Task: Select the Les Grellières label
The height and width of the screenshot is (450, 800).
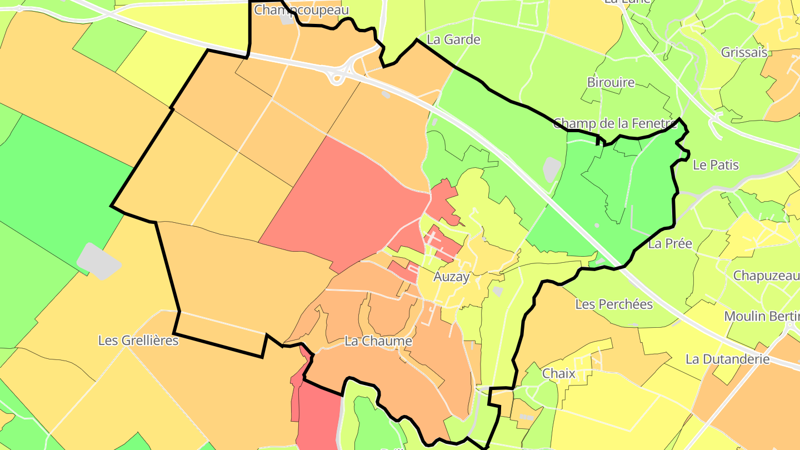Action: click(138, 340)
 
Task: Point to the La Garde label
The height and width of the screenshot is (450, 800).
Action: click(453, 39)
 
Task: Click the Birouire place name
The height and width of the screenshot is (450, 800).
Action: click(611, 82)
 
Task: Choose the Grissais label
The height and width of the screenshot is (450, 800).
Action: click(744, 53)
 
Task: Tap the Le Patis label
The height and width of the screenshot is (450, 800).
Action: click(716, 164)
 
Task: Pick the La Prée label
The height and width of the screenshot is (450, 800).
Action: click(670, 243)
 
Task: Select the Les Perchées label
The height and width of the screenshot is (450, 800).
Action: click(614, 304)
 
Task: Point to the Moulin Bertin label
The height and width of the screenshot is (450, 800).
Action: click(762, 316)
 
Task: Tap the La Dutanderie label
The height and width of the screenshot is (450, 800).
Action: click(728, 359)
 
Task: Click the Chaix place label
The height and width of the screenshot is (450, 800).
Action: click(558, 373)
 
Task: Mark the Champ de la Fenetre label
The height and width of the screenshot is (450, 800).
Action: click(615, 123)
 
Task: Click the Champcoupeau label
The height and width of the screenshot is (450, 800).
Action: click(301, 10)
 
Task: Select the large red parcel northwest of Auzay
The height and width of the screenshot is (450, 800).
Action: click(344, 200)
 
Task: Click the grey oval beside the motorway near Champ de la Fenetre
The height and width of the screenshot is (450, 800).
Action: click(551, 169)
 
